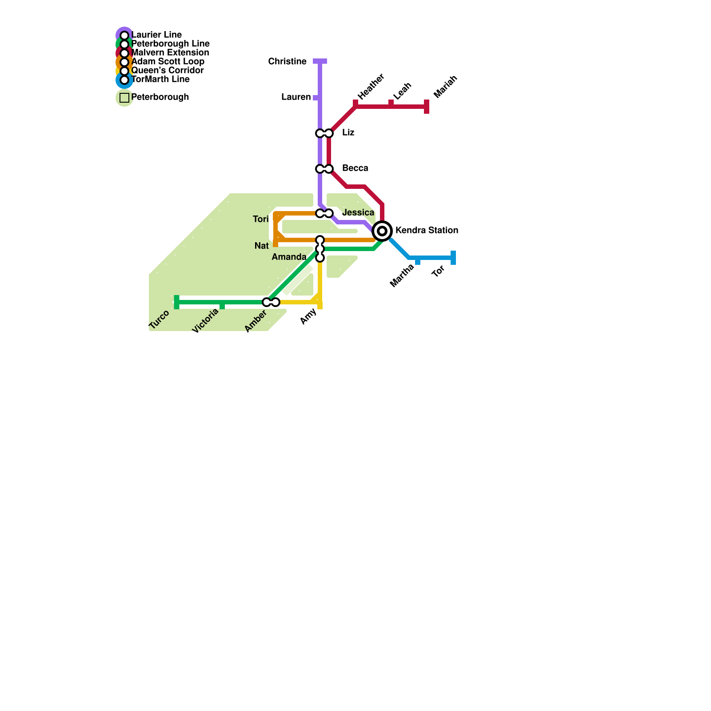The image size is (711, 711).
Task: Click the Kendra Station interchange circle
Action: pyautogui.click(x=382, y=231)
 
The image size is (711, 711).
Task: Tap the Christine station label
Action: pyautogui.click(x=287, y=61)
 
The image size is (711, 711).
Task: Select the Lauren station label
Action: pyautogui.click(x=296, y=97)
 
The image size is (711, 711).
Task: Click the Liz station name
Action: pyautogui.click(x=348, y=132)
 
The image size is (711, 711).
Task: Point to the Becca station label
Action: pyautogui.click(x=355, y=168)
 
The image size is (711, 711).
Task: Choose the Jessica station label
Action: pyautogui.click(x=358, y=212)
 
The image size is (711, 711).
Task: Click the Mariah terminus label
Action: pyautogui.click(x=445, y=87)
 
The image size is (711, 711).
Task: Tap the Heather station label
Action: pyautogui.click(x=371, y=87)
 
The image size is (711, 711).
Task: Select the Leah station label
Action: pyautogui.click(x=402, y=91)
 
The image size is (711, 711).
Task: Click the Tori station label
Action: pyautogui.click(x=261, y=219)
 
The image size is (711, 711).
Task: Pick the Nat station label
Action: pyautogui.click(x=262, y=246)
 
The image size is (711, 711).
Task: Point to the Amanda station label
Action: pyautogui.click(x=289, y=257)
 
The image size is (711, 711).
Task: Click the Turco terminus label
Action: pyautogui.click(x=159, y=320)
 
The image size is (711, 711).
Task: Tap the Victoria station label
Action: pyautogui.click(x=205, y=321)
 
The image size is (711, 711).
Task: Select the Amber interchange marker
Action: pyautogui.click(x=271, y=302)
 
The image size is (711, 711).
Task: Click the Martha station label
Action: pyautogui.click(x=402, y=276)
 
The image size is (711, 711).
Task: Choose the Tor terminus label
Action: pyautogui.click(x=438, y=271)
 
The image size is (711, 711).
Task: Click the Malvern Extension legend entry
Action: pyautogui.click(x=170, y=52)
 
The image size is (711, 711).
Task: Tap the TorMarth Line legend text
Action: pyautogui.click(x=160, y=79)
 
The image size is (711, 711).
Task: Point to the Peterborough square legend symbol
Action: pyautogui.click(x=124, y=97)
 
